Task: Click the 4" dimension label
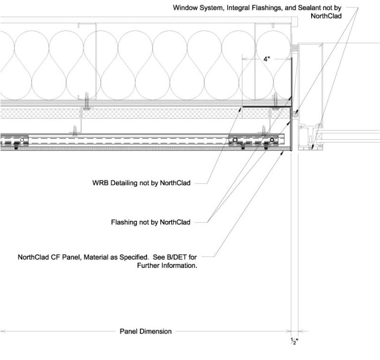pos(267,59)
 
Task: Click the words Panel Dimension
pos(146,331)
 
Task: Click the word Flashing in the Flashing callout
pos(123,222)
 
